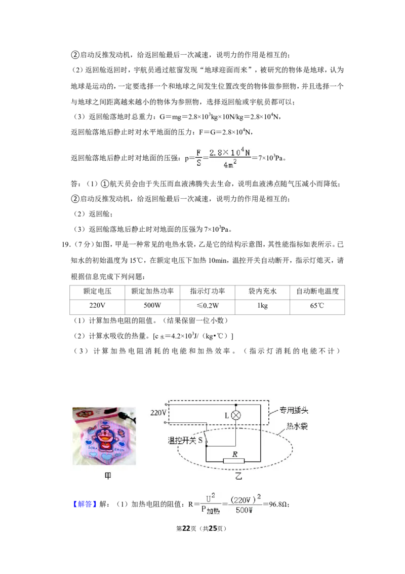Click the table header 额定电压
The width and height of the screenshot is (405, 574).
click(x=97, y=292)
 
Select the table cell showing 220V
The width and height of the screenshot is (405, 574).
click(x=97, y=305)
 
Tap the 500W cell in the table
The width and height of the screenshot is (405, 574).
click(x=152, y=305)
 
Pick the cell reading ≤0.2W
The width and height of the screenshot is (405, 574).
click(x=208, y=305)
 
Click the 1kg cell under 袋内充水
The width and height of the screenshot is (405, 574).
click(x=262, y=305)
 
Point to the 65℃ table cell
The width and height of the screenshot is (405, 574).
click(x=317, y=305)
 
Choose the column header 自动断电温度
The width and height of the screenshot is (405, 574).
click(x=317, y=292)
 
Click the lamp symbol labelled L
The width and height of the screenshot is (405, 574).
click(x=236, y=415)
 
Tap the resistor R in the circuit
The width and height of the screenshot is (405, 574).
click(x=234, y=461)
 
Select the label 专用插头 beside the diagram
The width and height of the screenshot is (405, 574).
click(x=294, y=410)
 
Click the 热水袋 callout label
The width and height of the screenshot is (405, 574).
click(x=297, y=426)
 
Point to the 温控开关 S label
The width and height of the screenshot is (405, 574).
click(x=185, y=440)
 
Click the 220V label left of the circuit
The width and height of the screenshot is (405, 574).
click(x=158, y=413)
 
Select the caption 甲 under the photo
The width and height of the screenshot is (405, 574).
click(x=108, y=476)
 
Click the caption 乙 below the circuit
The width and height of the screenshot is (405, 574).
click(x=238, y=476)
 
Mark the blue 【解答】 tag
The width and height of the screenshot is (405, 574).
click(x=85, y=504)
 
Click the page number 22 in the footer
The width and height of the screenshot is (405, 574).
click(x=186, y=528)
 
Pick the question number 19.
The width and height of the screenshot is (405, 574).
click(x=66, y=244)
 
